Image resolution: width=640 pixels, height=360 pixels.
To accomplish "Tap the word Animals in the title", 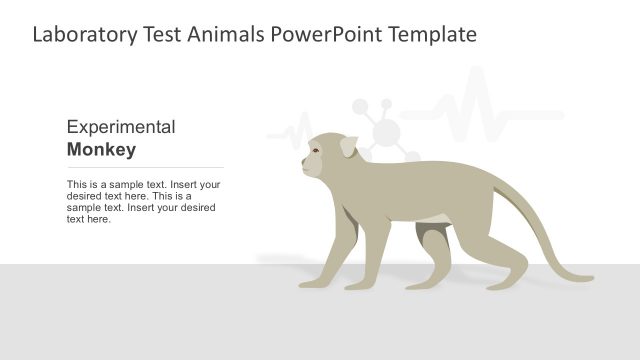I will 224,36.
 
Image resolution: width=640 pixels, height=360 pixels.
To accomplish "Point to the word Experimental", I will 121,127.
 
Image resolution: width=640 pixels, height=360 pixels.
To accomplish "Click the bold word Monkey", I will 101,150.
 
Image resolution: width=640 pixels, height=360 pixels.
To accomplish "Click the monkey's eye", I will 316,151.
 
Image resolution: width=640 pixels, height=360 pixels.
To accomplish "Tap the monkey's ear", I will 347,147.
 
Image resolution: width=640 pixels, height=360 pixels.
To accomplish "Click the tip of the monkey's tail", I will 591,277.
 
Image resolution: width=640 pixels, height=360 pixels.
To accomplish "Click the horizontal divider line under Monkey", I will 145,167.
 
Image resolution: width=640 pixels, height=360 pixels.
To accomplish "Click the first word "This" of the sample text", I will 76,185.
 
